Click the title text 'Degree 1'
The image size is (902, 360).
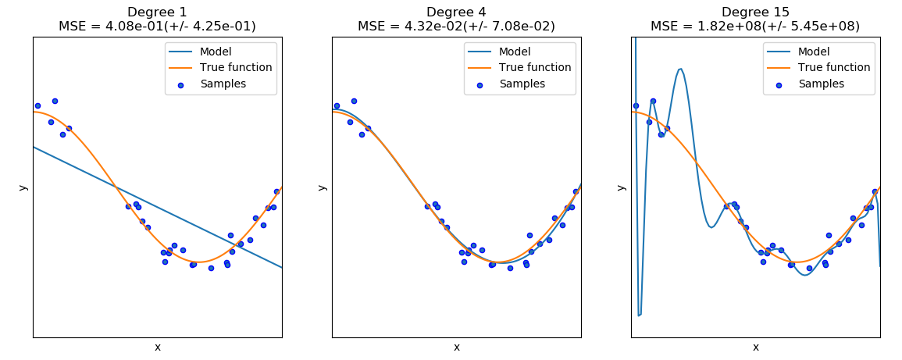coord(157,12)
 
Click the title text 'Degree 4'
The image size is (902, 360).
coord(456,12)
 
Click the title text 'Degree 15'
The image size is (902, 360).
coord(755,12)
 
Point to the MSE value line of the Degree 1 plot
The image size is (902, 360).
coord(157,26)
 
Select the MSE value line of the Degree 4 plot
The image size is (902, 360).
coord(456,26)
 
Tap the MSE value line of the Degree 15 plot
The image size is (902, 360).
coord(755,26)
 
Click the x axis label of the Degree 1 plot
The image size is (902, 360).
coord(157,347)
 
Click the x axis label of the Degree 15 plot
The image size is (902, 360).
coord(755,347)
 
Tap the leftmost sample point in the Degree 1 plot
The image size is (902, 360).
coord(37,105)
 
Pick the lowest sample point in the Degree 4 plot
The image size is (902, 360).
coord(510,268)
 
